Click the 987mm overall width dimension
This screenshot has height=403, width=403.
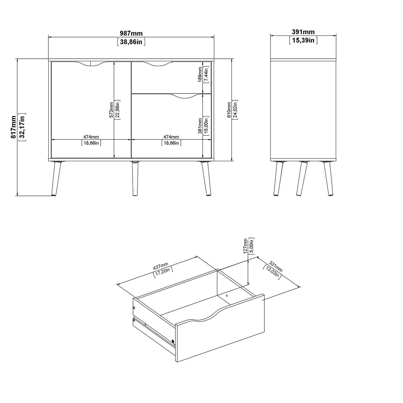coord(131,33)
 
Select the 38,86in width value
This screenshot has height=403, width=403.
coord(131,42)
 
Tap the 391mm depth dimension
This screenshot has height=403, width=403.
coord(303,32)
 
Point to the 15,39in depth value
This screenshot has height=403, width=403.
coord(303,40)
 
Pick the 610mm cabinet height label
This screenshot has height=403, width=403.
coord(229,110)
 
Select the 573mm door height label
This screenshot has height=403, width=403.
coord(111,110)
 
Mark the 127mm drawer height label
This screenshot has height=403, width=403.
coord(245,246)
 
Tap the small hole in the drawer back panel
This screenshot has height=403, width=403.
coord(227,296)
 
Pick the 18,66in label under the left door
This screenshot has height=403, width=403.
coord(91,143)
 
